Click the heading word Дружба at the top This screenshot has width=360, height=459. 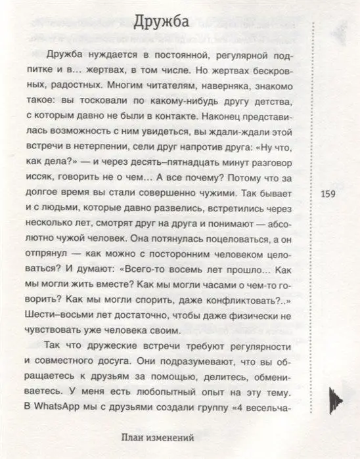click(x=162, y=22)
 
